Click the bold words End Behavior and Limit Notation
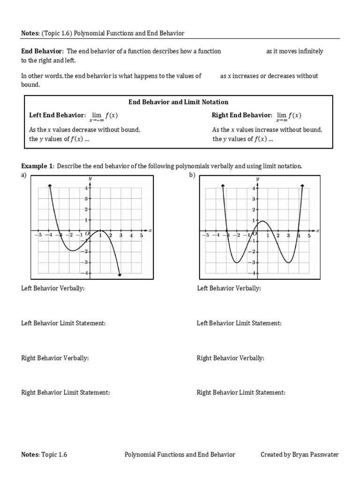click(x=179, y=102)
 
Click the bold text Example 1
click(x=37, y=166)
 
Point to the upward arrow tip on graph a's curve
click(x=49, y=187)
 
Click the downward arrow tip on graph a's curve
click(x=120, y=275)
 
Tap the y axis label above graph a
click(x=90, y=179)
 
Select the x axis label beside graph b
click(x=317, y=230)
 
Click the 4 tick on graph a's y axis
click(x=86, y=188)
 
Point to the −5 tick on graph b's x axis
click(x=204, y=235)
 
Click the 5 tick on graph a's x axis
click(x=141, y=235)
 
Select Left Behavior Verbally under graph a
click(x=53, y=288)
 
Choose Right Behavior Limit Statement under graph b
click(x=240, y=392)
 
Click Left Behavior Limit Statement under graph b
click(x=239, y=323)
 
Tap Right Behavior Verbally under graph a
click(x=55, y=358)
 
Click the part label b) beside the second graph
click(x=191, y=175)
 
